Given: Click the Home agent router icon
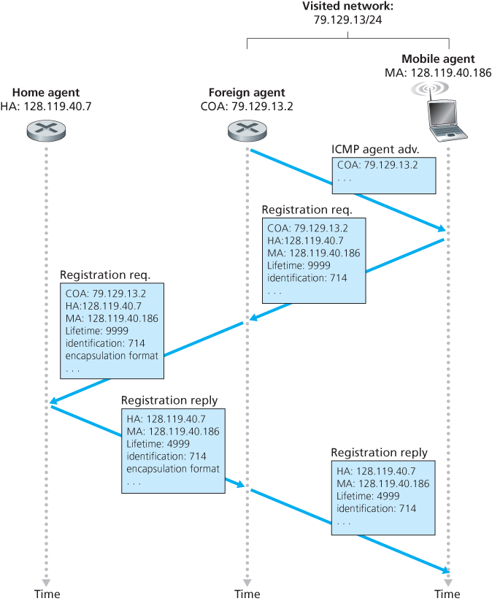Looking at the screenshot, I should coord(46,131).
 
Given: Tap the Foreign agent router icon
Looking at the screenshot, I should coord(247,131).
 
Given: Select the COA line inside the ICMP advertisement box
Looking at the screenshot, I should coord(377,165).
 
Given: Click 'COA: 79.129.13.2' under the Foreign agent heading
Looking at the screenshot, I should coord(247,106).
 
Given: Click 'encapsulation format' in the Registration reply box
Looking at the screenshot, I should coord(173,469).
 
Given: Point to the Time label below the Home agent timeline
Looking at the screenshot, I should coord(47,594).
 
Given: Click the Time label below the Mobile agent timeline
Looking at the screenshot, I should coord(447,594).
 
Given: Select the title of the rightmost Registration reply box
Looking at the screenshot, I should coord(379,453).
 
